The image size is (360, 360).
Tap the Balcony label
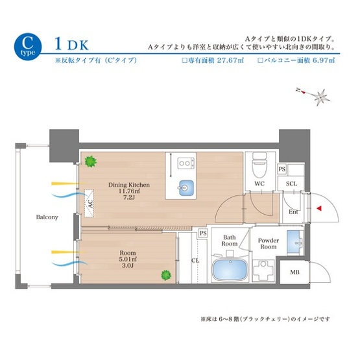(x=47, y=217)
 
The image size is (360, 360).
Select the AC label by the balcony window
(x=90, y=202)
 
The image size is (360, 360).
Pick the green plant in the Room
(x=166, y=276)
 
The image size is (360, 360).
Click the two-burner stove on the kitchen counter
(x=187, y=162)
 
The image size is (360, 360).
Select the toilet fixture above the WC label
(x=259, y=165)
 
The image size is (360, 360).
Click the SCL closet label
(x=292, y=184)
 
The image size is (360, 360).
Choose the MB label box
(x=294, y=272)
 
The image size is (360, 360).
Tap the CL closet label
(x=195, y=260)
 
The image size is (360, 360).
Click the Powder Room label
(x=268, y=243)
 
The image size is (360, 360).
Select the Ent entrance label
(x=293, y=211)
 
